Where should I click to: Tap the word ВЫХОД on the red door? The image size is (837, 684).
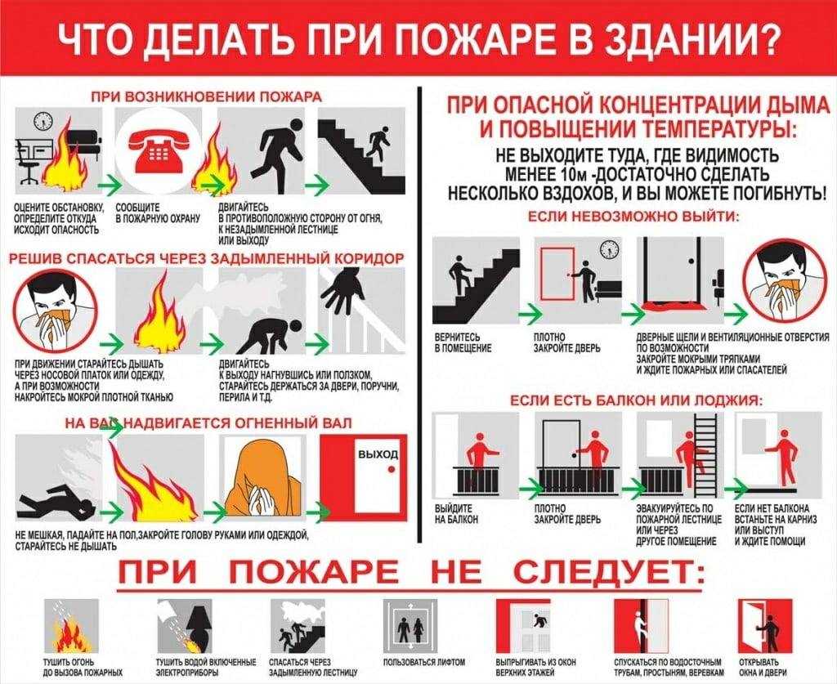click(x=378, y=454)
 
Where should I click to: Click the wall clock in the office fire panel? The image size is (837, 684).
click(x=43, y=121)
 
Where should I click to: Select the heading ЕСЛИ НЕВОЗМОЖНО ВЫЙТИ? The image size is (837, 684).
click(x=633, y=217)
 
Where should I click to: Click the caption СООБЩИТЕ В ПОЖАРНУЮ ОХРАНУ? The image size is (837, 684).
click(x=158, y=212)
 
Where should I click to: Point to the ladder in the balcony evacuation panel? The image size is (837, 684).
click(x=706, y=454)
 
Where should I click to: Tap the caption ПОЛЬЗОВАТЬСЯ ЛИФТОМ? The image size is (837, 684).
click(x=424, y=662)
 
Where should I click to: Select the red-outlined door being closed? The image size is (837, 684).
click(x=557, y=273)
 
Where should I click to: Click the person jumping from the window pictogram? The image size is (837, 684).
click(x=539, y=621)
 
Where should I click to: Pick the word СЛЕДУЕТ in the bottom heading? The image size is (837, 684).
click(x=608, y=571)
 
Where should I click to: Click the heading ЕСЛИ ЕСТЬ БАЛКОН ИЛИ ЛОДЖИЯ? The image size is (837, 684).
click(x=636, y=400)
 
